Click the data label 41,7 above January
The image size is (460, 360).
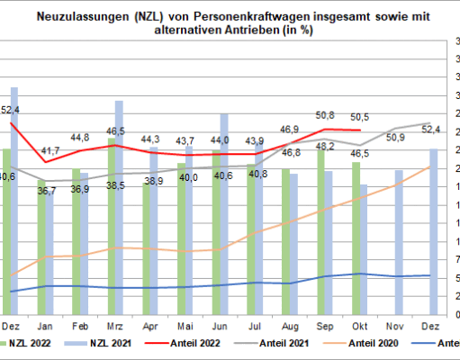[50, 150]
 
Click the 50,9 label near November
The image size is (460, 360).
[394, 138]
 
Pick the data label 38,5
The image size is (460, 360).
[116, 184]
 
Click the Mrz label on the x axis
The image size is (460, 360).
[115, 327]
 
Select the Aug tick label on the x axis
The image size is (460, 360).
[291, 327]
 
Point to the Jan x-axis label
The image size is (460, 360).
[45, 327]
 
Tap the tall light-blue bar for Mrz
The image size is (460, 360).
[120, 207]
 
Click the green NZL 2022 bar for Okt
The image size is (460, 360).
[356, 238]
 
